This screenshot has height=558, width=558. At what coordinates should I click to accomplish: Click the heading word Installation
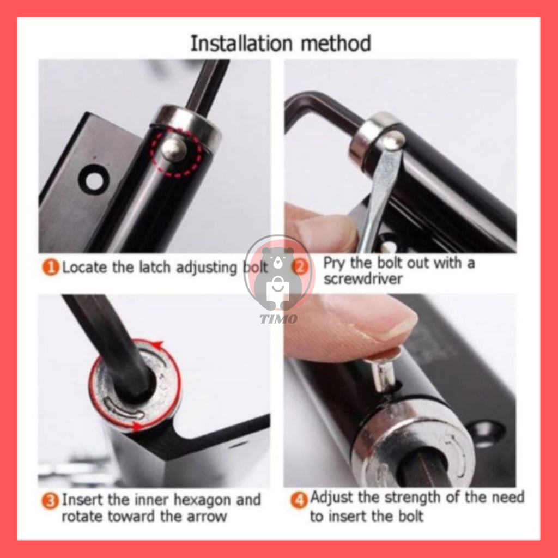pos(241,44)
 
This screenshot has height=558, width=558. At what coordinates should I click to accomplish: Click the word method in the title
pos(336,44)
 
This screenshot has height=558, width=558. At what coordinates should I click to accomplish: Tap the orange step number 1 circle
pos(51,267)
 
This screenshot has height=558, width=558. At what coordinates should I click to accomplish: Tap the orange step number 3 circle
pos(50,501)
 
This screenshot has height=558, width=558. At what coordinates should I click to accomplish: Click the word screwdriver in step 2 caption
pos(362,279)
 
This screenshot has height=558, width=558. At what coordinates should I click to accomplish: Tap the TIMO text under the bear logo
pos(278,319)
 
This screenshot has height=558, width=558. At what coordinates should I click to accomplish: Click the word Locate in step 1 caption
pos(84,267)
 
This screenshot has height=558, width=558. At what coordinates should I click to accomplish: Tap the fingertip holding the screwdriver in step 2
pos(322,228)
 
